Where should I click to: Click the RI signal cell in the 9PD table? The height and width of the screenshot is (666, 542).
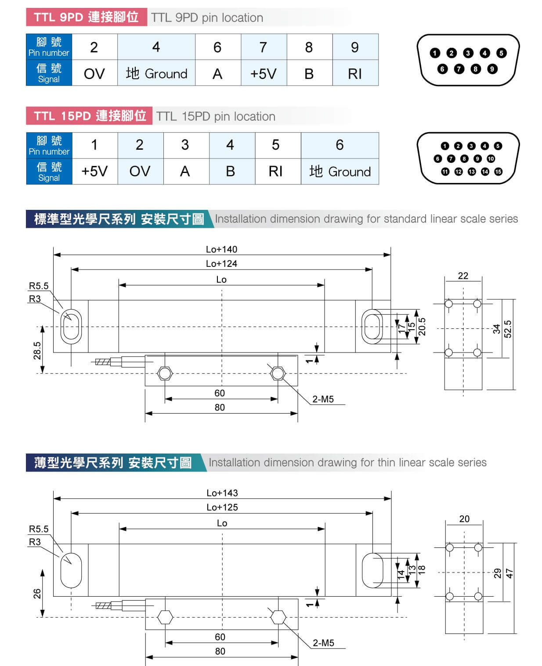click(x=355, y=73)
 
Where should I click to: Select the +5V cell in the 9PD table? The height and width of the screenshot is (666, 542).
click(x=264, y=73)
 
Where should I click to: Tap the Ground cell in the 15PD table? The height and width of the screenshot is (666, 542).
click(x=340, y=171)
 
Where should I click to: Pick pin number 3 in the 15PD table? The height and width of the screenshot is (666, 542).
click(x=185, y=145)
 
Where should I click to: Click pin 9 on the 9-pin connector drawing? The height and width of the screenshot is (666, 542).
click(x=492, y=69)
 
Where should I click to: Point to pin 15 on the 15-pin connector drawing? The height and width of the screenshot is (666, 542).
click(x=498, y=172)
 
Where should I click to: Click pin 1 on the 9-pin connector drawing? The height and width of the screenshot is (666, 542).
click(x=435, y=53)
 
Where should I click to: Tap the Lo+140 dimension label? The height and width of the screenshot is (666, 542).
click(x=221, y=249)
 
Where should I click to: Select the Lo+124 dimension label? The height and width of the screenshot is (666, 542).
click(x=221, y=264)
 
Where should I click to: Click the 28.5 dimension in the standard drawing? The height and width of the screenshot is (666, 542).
click(x=37, y=350)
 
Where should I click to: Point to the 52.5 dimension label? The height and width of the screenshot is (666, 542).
click(x=508, y=329)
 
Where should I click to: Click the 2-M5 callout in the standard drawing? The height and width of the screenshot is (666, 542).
click(x=323, y=400)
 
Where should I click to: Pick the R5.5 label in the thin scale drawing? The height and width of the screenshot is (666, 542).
click(x=39, y=529)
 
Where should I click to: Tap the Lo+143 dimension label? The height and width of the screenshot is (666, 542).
click(x=222, y=493)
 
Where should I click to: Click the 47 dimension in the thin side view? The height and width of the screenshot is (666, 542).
click(x=509, y=573)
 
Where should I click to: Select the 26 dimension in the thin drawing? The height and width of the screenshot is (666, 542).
click(x=37, y=594)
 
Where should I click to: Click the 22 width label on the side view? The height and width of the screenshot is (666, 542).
click(x=463, y=276)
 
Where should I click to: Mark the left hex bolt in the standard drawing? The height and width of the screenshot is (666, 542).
click(x=165, y=373)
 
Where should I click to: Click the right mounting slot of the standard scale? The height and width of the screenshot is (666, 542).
click(x=372, y=326)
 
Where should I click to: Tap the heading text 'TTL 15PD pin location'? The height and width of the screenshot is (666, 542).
click(x=216, y=116)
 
